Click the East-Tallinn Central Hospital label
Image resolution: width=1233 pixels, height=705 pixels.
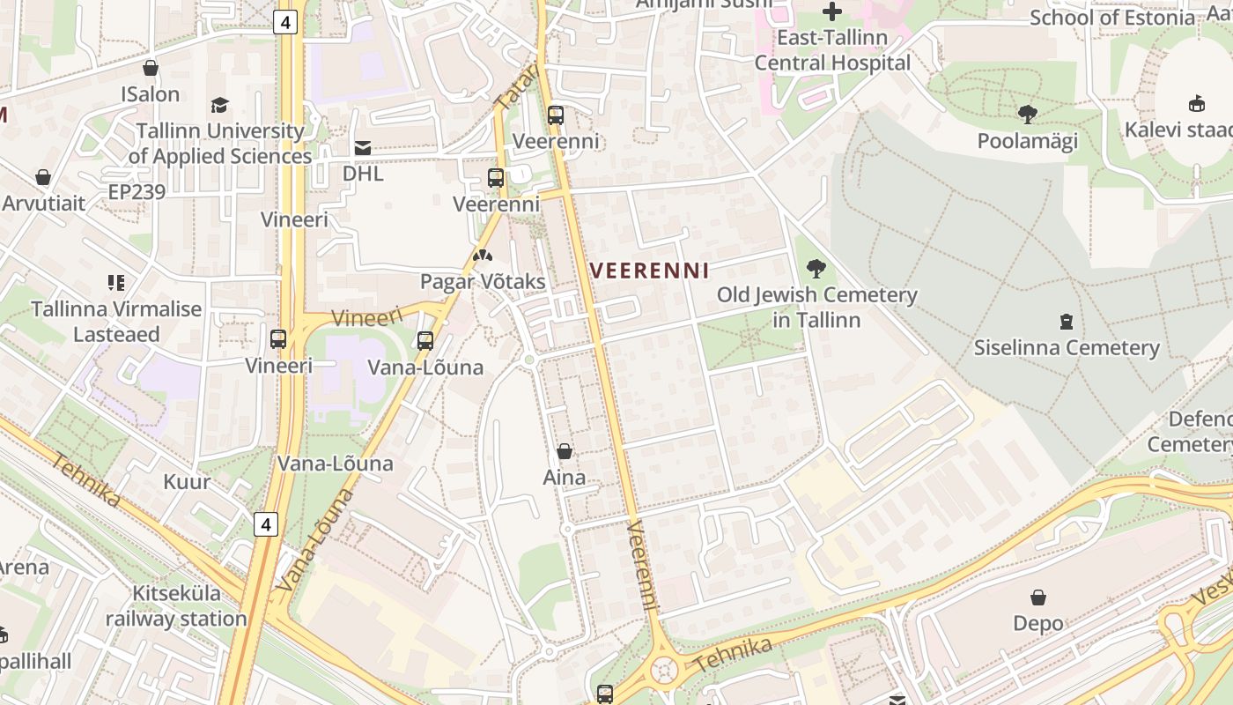(x=832, y=50)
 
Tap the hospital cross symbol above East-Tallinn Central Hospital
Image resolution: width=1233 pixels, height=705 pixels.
(x=832, y=11)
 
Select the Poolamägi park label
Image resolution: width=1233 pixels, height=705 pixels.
(x=1028, y=141)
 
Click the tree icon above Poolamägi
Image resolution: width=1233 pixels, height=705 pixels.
(x=1027, y=114)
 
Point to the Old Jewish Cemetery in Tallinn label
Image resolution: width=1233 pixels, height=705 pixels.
(x=816, y=307)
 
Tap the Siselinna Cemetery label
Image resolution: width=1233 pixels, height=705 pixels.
(x=1067, y=347)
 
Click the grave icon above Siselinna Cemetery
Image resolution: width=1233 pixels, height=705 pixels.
(x=1067, y=321)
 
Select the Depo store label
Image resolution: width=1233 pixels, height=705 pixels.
(x=1038, y=623)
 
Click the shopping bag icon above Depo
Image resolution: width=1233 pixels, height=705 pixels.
(x=1038, y=597)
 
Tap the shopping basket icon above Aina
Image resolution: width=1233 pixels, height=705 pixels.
(x=565, y=451)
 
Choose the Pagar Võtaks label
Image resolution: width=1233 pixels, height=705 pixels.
(x=483, y=282)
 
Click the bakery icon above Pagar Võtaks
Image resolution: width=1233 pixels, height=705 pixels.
(x=482, y=256)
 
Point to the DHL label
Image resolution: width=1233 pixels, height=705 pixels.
(x=363, y=174)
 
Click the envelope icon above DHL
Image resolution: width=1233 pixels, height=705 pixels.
(x=363, y=147)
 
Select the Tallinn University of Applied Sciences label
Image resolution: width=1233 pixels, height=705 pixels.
(x=219, y=144)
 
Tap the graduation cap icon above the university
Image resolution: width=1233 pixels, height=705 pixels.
(x=219, y=105)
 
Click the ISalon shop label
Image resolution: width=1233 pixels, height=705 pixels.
(x=151, y=94)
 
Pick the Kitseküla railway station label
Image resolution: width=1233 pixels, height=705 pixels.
(x=176, y=606)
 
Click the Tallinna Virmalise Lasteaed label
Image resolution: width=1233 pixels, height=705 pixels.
(x=116, y=322)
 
